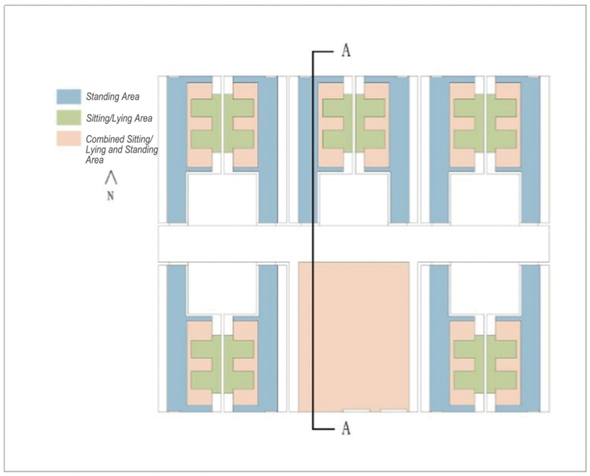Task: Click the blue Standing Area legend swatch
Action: [69, 97]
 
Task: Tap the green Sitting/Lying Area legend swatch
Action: [69, 118]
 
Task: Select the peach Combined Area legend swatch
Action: [69, 139]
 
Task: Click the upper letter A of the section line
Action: [346, 51]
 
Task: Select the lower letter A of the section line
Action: [346, 428]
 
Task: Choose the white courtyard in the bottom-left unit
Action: [222, 289]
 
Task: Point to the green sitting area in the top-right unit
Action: [485, 123]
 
